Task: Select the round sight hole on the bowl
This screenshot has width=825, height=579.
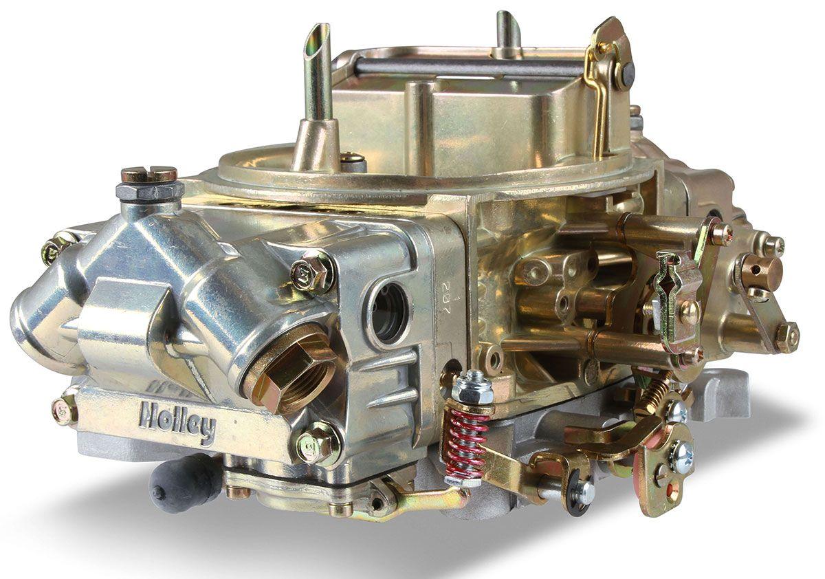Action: pyautogui.click(x=389, y=314)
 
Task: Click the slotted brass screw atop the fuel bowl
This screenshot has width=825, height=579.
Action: pyautogui.click(x=148, y=175)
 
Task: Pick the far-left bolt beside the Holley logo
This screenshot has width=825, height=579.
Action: pyautogui.click(x=66, y=410)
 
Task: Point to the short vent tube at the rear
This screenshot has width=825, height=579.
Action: pyautogui.click(x=509, y=31)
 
